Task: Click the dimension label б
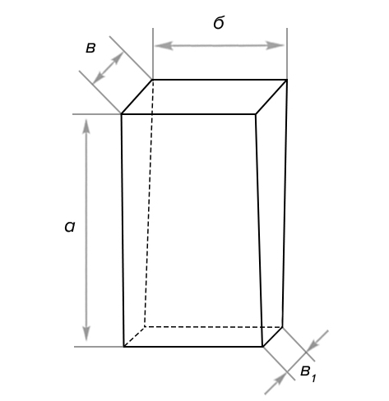pos(219,22)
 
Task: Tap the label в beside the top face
pos(90,48)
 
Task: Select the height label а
pos(70,227)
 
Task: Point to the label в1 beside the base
pos(308,374)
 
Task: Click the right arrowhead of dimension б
pos(275,45)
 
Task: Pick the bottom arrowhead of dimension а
pos(86,332)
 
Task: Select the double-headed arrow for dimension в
pos(108,67)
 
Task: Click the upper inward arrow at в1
pos(317,341)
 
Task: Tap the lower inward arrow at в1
pos(276,384)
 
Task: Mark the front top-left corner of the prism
pos(122,114)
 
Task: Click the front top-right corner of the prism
pos(256,114)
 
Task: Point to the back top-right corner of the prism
pos(287,80)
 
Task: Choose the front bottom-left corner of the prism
pos(124,347)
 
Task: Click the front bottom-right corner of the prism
pos(263,347)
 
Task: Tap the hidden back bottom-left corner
pos(145,326)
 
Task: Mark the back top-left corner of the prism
pos(153,80)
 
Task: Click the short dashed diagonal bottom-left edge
pos(134,337)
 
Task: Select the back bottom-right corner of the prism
pos(283,327)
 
